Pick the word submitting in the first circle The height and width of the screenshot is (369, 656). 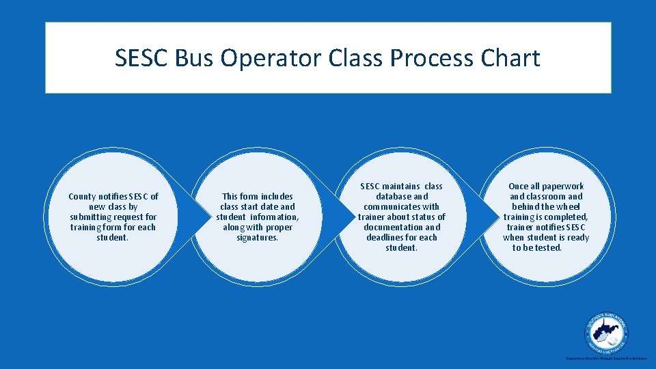[90, 217]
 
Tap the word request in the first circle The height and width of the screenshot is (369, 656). [127, 217]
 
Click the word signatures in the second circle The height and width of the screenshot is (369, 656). [257, 238]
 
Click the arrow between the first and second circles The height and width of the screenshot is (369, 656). [200, 217]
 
